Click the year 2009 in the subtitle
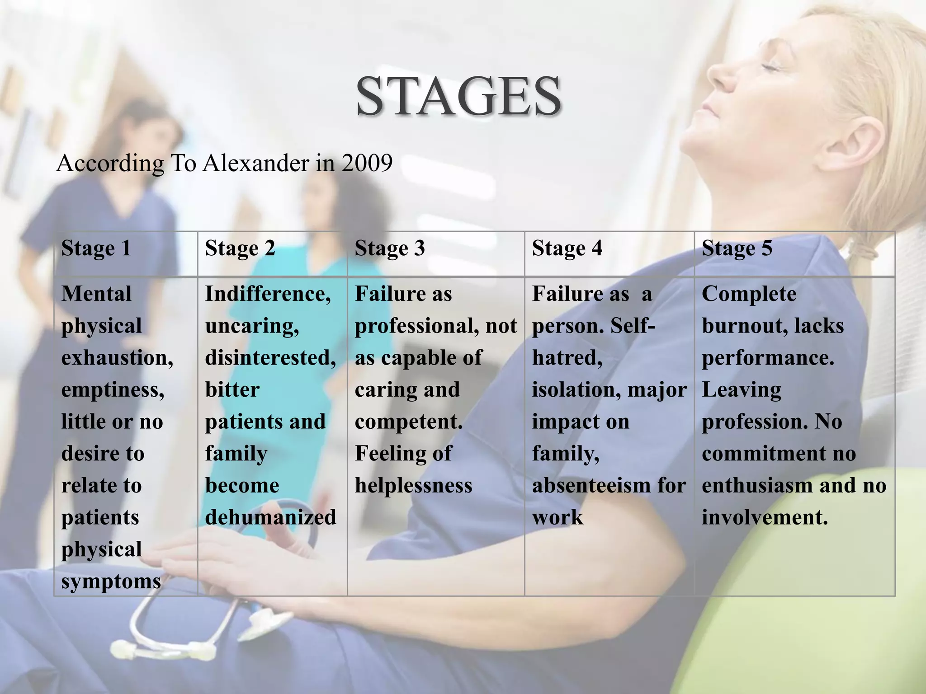click(367, 163)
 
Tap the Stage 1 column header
click(96, 249)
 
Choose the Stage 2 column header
click(240, 249)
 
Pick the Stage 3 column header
click(390, 249)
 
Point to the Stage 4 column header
click(567, 249)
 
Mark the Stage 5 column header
click(737, 249)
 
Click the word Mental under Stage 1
click(96, 294)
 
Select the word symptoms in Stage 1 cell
click(111, 581)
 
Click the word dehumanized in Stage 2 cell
click(270, 517)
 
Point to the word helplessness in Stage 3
click(413, 486)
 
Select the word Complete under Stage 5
click(749, 294)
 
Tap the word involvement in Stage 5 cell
click(765, 517)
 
